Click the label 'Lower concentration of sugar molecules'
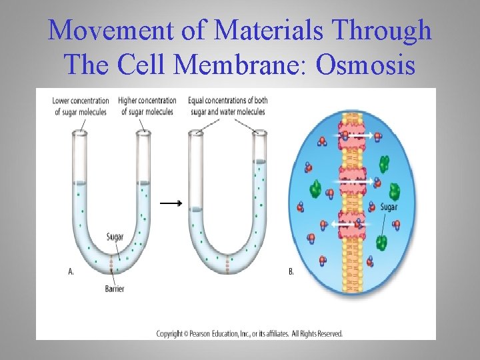pyautogui.click(x=81, y=106)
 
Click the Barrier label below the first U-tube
pyautogui.click(x=114, y=289)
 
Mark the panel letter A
pyautogui.click(x=71, y=271)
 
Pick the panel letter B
pyautogui.click(x=291, y=271)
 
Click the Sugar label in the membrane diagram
pyautogui.click(x=389, y=207)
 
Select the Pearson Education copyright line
pyautogui.click(x=249, y=333)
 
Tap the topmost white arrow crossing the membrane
pyautogui.click(x=360, y=135)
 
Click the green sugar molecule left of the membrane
pyautogui.click(x=315, y=191)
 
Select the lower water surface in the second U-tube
pyautogui.click(x=196, y=209)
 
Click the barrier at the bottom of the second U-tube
pyautogui.click(x=227, y=264)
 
